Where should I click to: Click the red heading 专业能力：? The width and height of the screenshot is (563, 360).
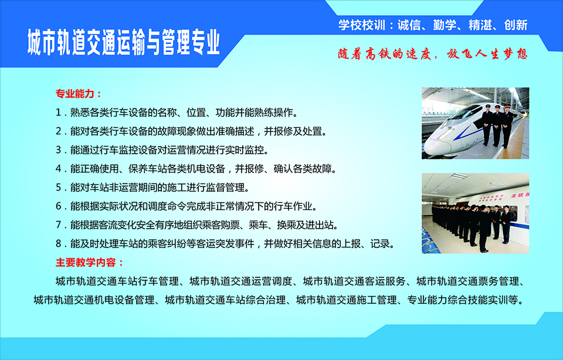79,94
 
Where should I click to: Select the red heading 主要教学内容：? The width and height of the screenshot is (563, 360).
90,263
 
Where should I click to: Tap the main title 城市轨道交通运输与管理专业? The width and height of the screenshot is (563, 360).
124,43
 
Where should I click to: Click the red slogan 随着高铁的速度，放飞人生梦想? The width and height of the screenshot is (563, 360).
433,54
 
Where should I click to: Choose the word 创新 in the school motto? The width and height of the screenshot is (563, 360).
516,25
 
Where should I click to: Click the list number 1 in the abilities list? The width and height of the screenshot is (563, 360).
59,113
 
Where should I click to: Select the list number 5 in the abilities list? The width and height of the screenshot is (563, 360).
59,188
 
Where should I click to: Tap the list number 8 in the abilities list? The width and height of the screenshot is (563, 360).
59,244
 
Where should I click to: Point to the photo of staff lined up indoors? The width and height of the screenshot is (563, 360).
476,213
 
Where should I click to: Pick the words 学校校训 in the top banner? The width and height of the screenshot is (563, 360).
362,25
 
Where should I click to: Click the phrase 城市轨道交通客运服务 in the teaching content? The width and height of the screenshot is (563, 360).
354,281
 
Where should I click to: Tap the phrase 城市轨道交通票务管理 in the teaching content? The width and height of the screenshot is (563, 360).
468,281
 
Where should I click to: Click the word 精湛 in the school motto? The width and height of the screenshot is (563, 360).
480,25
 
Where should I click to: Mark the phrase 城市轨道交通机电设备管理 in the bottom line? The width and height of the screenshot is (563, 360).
94,300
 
